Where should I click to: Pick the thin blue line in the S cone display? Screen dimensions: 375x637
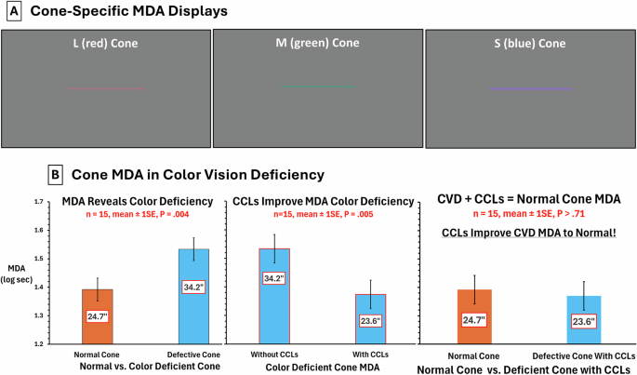click(529, 89)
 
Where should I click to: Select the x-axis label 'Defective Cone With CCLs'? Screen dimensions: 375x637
click(583, 356)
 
